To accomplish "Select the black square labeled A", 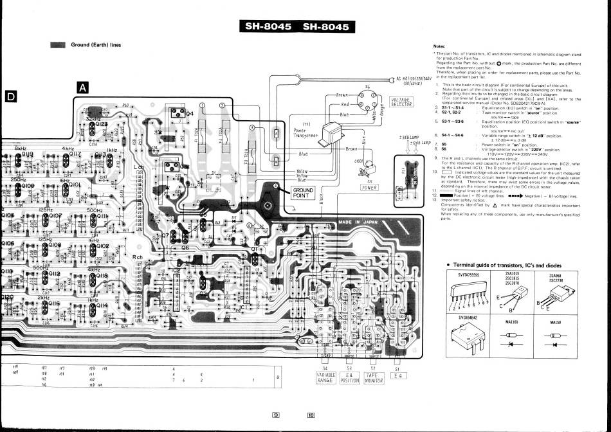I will pos(83,87).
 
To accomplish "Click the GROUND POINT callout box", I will pos(304,193).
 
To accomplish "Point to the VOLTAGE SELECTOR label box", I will pos(402,102).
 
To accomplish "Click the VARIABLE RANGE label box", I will pos(325,377).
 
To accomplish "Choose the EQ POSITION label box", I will pos(349,377).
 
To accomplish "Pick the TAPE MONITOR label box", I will pos(374,377).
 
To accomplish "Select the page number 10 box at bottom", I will pos(311,415).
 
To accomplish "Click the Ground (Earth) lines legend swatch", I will pos(58,45).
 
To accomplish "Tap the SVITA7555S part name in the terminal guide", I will pos(469,274).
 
